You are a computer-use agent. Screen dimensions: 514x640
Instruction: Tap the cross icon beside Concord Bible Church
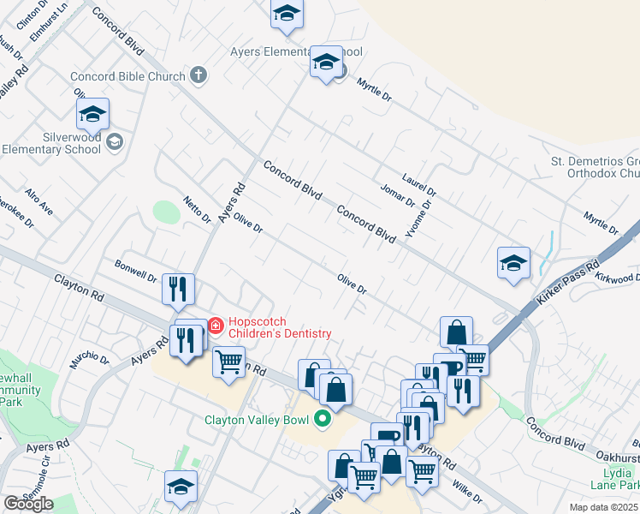199,75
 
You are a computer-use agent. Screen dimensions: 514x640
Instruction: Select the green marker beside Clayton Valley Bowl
323,419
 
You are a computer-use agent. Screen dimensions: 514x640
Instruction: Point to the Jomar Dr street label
398,195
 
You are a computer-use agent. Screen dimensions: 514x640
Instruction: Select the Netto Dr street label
197,209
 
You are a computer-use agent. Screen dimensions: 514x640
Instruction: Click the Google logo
28,504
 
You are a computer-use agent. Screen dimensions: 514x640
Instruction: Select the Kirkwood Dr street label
618,278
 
